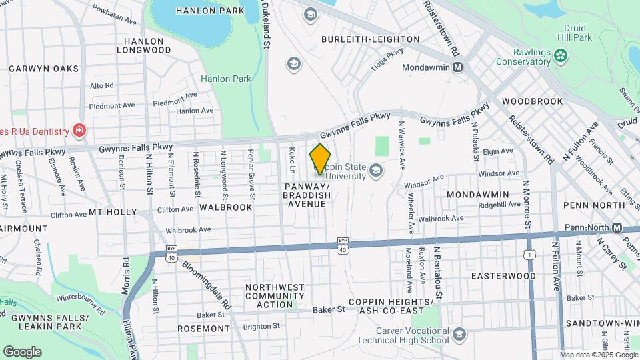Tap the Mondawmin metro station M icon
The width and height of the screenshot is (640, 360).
tap(458, 67)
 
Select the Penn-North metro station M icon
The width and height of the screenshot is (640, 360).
tap(617, 227)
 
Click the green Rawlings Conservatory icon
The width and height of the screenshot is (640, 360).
tap(563, 55)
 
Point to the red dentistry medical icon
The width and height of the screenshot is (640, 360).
tap(79, 130)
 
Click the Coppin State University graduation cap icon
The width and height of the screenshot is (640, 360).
tap(376, 172)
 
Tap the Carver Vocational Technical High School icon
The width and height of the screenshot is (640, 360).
tap(458, 334)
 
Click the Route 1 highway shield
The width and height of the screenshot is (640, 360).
tap(529, 254)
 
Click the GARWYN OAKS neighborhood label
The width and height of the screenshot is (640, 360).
tap(43, 69)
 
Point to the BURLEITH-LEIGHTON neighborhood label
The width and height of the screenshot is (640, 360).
tap(371, 40)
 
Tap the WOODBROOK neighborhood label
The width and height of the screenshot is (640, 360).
tap(533, 101)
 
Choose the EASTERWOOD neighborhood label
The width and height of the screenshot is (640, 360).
tap(503, 276)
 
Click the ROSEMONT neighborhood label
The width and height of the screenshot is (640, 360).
tap(204, 329)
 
